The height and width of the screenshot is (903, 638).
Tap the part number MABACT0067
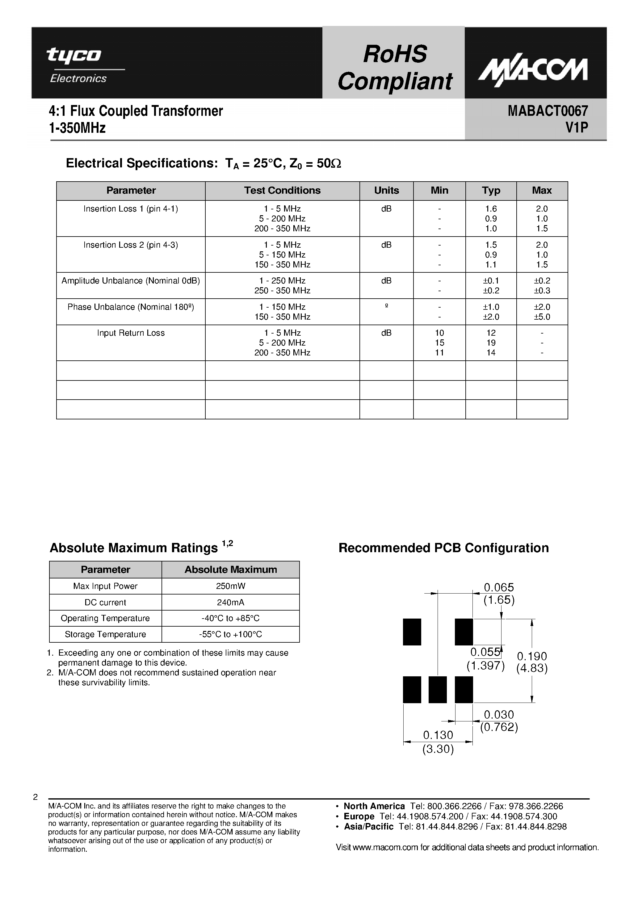(548, 111)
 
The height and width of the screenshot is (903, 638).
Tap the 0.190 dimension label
(532, 656)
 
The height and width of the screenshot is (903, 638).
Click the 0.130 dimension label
(438, 735)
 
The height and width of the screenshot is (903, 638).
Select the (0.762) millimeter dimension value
(499, 727)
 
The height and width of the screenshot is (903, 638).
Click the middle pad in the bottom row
(437, 689)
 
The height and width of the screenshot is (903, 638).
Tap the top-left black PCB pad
(412, 632)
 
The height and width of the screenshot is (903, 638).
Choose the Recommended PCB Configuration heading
(443, 548)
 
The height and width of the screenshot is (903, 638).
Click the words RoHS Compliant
(395, 68)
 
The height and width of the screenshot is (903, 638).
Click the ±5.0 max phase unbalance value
(542, 317)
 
